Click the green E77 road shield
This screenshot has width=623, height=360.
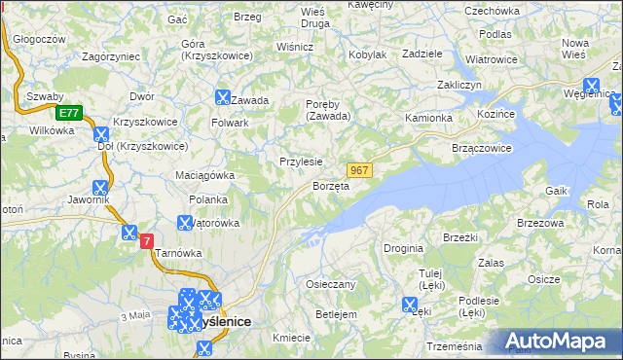click(x=67, y=113)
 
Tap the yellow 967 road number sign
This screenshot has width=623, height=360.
click(x=359, y=170)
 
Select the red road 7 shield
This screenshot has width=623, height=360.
click(x=147, y=240)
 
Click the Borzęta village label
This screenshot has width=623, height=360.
click(x=330, y=186)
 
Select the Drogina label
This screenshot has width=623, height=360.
click(x=403, y=249)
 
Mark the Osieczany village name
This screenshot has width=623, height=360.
click(x=331, y=284)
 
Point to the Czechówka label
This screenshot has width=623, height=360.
click(x=493, y=11)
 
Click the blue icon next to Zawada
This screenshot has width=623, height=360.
click(x=222, y=97)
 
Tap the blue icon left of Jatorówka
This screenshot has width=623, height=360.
click(x=183, y=222)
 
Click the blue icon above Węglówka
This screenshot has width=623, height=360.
click(x=591, y=85)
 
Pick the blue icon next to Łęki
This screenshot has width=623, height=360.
click(x=410, y=305)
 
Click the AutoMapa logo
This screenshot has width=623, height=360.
click(x=559, y=341)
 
